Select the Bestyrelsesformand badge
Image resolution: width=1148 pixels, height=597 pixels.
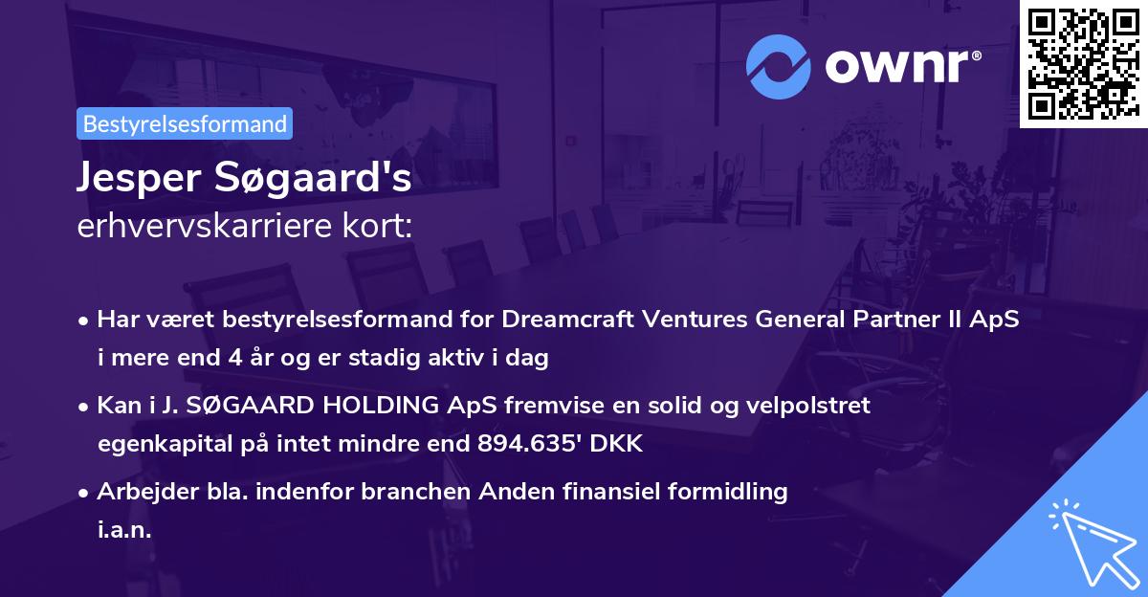185,123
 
